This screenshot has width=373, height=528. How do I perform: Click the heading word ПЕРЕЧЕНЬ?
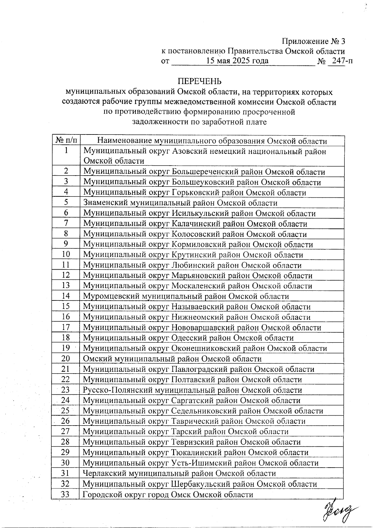coord(200,81)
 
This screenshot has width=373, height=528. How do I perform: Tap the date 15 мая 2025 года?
coord(237,61)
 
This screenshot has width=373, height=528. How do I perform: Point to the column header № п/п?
coord(66,140)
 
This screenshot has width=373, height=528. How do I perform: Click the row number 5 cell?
coord(66,203)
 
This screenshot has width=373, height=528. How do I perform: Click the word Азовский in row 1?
coord(189,151)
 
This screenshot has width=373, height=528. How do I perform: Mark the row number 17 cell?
coord(66,327)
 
